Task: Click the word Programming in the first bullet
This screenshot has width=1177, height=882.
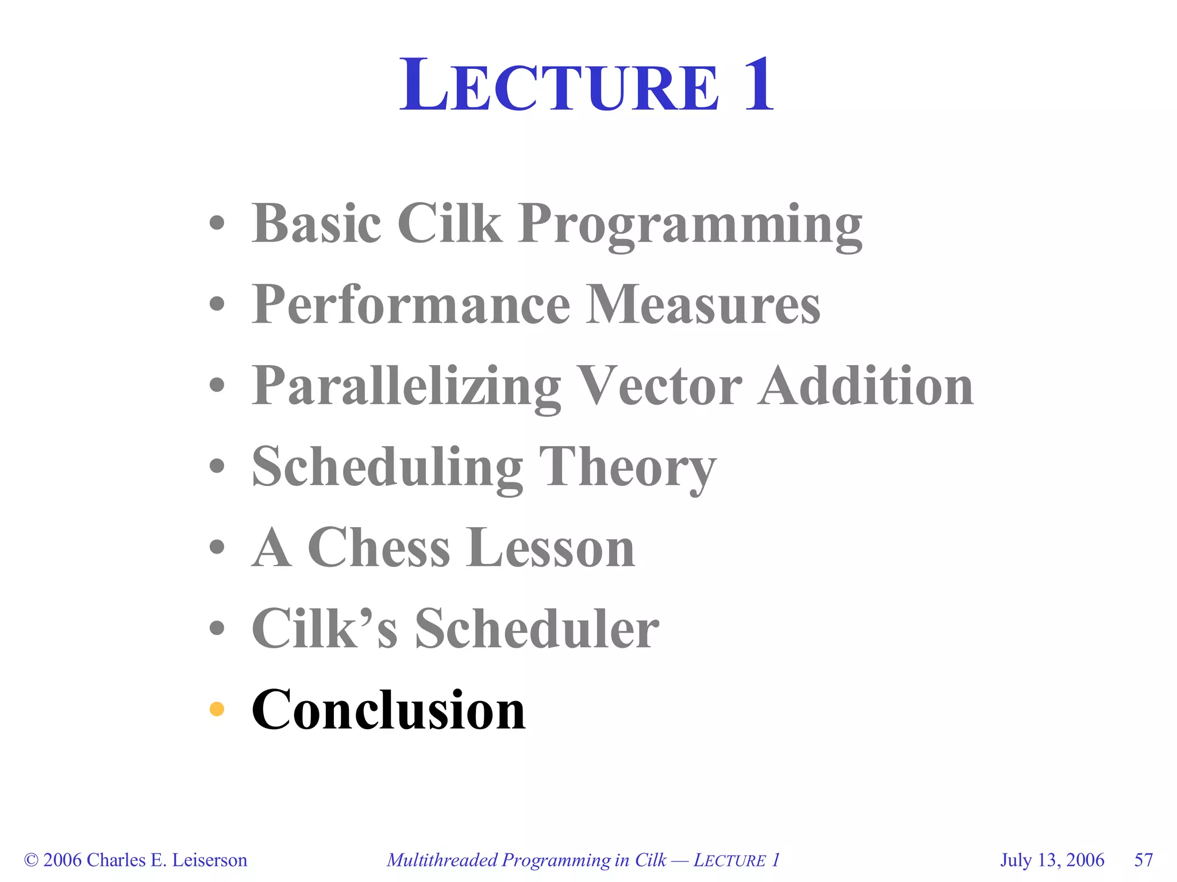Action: pyautogui.click(x=690, y=225)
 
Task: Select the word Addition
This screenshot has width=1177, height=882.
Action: pyautogui.click(x=866, y=386)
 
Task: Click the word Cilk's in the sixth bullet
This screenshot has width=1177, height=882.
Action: pyautogui.click(x=324, y=628)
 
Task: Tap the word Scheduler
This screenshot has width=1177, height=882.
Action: pyautogui.click(x=537, y=628)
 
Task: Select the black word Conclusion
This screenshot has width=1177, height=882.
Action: pyautogui.click(x=389, y=710)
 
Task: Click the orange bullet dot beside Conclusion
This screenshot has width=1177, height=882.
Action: pyautogui.click(x=217, y=709)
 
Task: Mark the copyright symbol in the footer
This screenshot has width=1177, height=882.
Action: pyautogui.click(x=31, y=860)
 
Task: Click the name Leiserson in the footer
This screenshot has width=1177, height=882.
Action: pyautogui.click(x=210, y=860)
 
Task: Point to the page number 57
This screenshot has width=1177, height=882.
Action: pyautogui.click(x=1144, y=860)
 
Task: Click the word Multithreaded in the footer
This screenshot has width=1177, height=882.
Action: pyautogui.click(x=442, y=860)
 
